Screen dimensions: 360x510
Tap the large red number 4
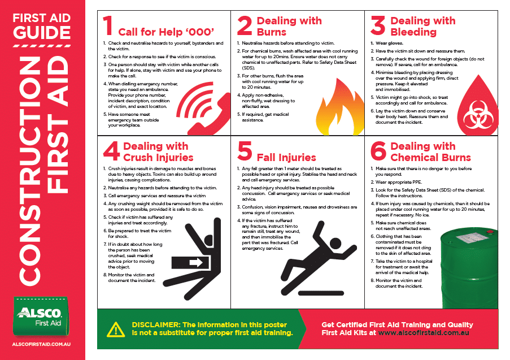pyautogui.click(x=111, y=151)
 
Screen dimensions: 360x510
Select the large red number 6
pyautogui.click(x=378, y=151)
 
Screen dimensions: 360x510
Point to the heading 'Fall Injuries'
pyautogui.click(x=286, y=157)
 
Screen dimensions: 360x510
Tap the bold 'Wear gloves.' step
pyautogui.click(x=389, y=43)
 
